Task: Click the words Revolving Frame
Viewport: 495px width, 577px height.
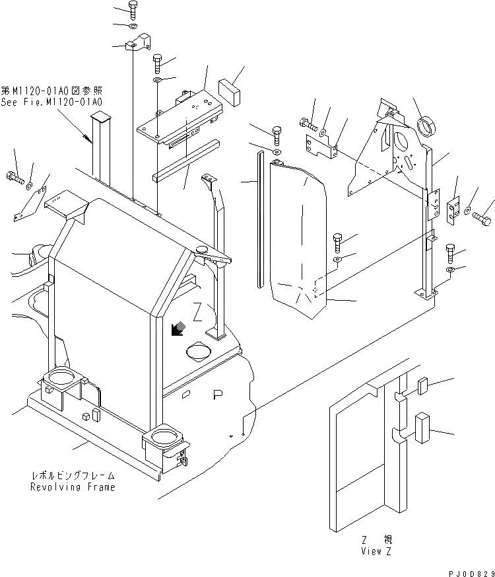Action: [x=72, y=487]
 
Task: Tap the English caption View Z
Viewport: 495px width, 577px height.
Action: [x=376, y=551]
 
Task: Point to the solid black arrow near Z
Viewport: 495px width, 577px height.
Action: [x=176, y=328]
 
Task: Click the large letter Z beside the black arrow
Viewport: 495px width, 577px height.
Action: [x=197, y=312]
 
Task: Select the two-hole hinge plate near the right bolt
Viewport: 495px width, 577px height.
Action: [x=453, y=211]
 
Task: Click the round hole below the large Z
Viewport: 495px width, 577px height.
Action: [x=200, y=351]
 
